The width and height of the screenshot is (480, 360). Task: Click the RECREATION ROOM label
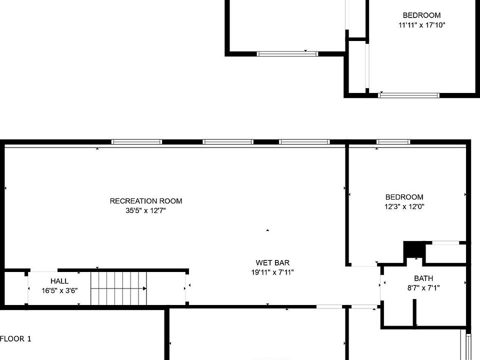146,201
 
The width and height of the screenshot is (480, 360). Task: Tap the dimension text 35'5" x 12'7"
145,210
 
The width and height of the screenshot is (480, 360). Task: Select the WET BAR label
272,262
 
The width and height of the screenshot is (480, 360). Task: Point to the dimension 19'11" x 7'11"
272,272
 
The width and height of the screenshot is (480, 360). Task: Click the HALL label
59,281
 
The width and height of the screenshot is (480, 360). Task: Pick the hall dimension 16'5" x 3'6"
59,290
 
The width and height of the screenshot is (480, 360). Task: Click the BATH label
423,278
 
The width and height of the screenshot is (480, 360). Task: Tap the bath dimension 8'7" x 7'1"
423,288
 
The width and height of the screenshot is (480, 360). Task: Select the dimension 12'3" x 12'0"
404,206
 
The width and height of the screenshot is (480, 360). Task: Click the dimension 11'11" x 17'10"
422,25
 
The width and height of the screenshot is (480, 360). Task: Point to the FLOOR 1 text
15,339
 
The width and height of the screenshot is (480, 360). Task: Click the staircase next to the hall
119,288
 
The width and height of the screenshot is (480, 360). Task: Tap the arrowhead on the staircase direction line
144,288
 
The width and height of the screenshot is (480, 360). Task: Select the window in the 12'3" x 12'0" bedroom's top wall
393,141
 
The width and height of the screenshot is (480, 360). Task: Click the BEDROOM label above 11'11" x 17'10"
422,15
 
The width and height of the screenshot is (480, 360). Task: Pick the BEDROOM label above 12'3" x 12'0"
404,197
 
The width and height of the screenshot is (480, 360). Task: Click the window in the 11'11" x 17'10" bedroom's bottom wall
408,95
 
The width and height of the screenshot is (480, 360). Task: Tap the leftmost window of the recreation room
136,141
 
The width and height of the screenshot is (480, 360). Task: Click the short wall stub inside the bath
415,312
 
